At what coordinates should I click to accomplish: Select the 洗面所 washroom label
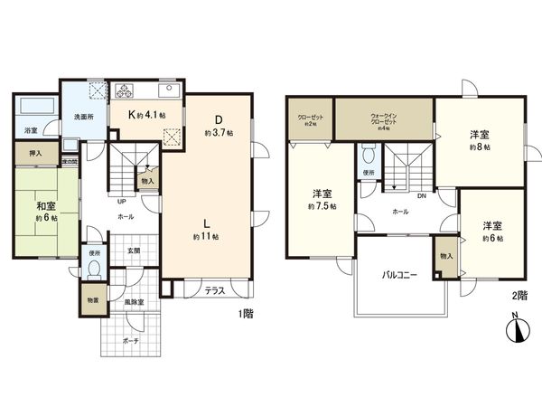coord(85,116)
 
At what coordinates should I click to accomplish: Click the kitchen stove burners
coord(124,90)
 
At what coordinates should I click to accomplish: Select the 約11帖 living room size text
coord(208,236)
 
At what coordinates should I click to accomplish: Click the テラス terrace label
coord(214,290)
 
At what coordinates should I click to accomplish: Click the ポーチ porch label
coord(131,341)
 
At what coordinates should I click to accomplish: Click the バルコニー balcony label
coord(397,273)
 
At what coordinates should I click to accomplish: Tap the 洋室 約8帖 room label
coord(480,140)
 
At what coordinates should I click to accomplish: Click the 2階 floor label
coord(519,295)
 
